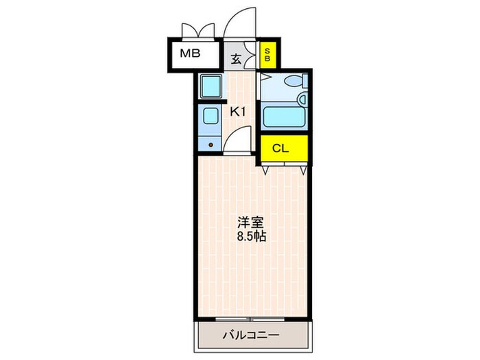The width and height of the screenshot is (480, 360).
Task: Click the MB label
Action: click(x=190, y=53)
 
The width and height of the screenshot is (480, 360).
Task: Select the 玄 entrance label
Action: click(x=236, y=59)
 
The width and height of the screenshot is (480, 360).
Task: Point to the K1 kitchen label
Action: click(x=237, y=111)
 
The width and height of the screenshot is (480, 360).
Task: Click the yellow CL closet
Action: click(x=280, y=147)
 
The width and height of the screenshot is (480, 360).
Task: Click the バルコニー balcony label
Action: click(x=250, y=336)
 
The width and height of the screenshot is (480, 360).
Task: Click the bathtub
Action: click(x=284, y=117)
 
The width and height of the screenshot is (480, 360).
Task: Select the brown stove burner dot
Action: click(x=211, y=145)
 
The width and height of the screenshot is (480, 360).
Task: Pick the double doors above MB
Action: click(x=197, y=32)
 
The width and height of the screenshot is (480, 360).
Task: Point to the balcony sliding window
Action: click(x=250, y=320)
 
